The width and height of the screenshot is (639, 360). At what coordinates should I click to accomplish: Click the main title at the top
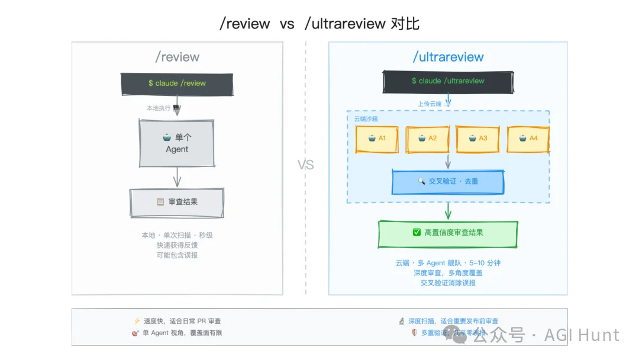pos(319,24)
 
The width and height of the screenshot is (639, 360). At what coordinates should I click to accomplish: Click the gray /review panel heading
pos(177,57)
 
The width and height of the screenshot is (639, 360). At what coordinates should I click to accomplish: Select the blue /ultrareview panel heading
pos(448,57)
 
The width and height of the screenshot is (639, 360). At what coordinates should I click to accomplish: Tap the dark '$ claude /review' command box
pos(177,83)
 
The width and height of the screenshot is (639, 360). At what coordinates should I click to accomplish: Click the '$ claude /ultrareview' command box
pos(448,81)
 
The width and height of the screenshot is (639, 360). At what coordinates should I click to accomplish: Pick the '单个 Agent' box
pos(177,143)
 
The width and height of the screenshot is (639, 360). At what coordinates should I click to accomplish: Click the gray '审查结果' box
pos(177,202)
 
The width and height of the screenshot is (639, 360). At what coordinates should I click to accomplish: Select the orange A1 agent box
pos(377,139)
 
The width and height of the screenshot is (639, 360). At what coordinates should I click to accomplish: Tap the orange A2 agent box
pos(427,139)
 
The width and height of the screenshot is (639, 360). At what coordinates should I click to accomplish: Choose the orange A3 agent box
pos(478,139)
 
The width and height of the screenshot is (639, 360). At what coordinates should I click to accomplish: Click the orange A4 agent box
pos(528,139)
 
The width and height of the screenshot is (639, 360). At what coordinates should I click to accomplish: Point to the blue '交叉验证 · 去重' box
pos(448,181)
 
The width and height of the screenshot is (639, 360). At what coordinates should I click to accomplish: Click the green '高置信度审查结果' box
pos(448,233)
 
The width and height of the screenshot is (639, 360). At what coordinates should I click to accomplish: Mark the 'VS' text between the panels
pos(306,165)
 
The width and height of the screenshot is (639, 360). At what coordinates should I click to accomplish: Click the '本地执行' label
pos(159,108)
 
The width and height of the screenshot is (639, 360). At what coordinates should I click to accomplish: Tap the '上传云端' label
pos(430,104)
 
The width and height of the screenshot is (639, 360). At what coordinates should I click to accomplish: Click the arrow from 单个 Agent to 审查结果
pos(177,177)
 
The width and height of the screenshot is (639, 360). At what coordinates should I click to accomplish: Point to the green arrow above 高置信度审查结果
pos(448,211)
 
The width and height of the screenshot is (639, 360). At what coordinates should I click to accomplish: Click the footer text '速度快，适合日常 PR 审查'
pos(182,321)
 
